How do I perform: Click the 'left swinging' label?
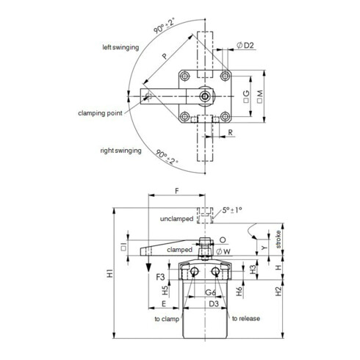120,47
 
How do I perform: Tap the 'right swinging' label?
120,151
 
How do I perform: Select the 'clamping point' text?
100,113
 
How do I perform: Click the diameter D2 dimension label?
245,46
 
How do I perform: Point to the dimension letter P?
165,56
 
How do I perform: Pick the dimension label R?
230,132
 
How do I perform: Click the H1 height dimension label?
110,273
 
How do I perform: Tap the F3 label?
160,277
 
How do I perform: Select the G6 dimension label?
210,292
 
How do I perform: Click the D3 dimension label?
214,303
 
